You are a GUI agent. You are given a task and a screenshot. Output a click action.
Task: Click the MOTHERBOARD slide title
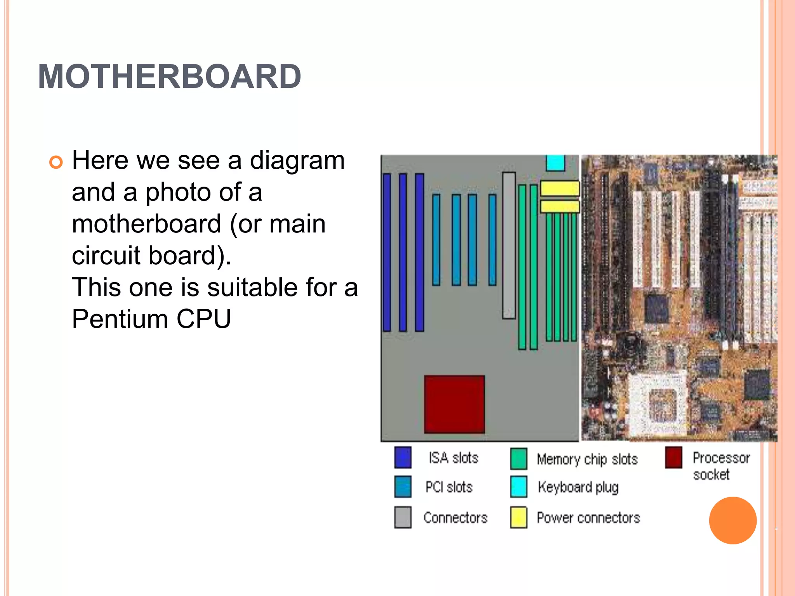coord(170,76)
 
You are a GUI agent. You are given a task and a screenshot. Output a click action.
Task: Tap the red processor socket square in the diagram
coord(454,404)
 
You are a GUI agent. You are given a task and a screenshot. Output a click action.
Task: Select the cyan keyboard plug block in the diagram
coord(555,163)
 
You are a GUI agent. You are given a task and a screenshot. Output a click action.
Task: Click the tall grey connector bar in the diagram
coord(509,245)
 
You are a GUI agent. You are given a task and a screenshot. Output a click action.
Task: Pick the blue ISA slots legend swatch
coord(403,457)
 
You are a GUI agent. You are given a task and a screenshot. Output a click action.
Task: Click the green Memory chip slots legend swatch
coord(519,459)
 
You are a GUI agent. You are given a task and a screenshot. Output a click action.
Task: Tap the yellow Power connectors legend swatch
coord(519,517)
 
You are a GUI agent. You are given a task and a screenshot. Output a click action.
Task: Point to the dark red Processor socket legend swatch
coord(673,457)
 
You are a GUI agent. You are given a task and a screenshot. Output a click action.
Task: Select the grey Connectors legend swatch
coord(403,517)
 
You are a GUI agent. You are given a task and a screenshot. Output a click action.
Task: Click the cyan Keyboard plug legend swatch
coord(519,487)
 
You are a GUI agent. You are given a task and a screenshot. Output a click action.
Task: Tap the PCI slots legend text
coord(449,487)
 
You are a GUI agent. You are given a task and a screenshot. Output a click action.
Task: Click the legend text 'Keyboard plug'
coord(578,487)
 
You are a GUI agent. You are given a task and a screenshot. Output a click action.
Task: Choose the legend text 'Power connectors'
coord(588,518)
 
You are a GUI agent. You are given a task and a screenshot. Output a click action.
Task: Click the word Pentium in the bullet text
coord(120,319)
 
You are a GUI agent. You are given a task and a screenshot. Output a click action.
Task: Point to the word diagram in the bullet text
coord(297,161)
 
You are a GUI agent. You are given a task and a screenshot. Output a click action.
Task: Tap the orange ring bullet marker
coord(56,162)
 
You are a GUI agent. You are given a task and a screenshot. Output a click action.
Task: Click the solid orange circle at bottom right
coord(733,520)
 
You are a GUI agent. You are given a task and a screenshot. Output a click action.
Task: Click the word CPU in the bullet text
coord(204,319)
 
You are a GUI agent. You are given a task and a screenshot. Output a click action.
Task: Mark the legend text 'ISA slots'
coord(453,458)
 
